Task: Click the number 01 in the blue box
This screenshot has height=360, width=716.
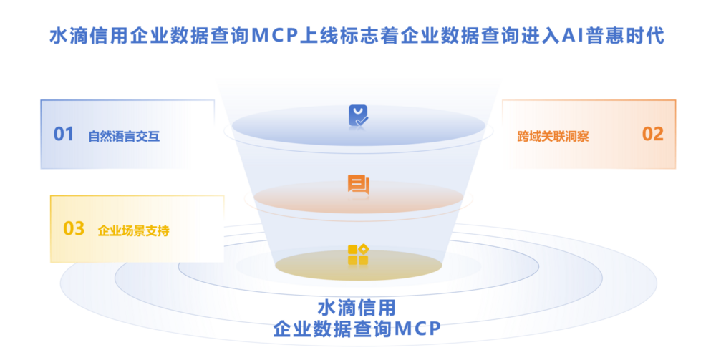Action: coord(64,134)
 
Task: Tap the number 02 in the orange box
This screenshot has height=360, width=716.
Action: coord(652,134)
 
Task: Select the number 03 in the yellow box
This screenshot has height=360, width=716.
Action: coord(74,228)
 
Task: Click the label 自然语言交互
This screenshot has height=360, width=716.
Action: coord(124,137)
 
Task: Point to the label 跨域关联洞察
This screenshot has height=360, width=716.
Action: coord(553,137)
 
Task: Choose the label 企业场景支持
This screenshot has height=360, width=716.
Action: coord(133,231)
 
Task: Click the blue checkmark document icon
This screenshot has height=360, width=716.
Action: coord(359,116)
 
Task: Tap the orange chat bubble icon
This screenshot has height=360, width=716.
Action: coord(359,185)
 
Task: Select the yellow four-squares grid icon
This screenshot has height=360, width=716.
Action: coord(358,255)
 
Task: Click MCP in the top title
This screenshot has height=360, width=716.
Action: coord(274,36)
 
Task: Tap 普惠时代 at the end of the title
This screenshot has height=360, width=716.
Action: coord(624,36)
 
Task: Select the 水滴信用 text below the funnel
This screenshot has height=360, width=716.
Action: coord(357,308)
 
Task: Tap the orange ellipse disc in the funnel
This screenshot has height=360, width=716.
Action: coord(359,198)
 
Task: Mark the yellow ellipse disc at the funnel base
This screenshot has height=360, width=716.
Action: coord(359,266)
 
